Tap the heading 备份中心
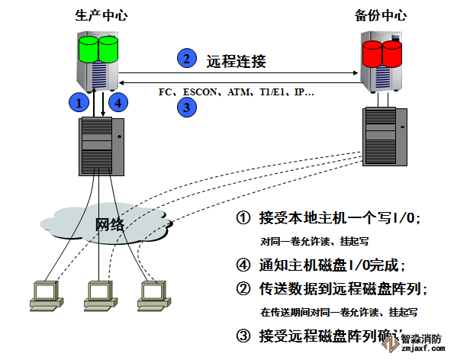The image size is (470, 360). click(x=381, y=14)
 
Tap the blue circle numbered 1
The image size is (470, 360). click(x=77, y=101)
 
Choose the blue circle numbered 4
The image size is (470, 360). click(x=117, y=101)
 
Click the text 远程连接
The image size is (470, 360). click(x=237, y=59)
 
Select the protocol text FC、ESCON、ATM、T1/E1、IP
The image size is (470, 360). click(x=236, y=92)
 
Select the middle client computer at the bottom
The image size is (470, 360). click(x=96, y=293)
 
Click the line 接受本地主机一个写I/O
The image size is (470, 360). click(x=336, y=219)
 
